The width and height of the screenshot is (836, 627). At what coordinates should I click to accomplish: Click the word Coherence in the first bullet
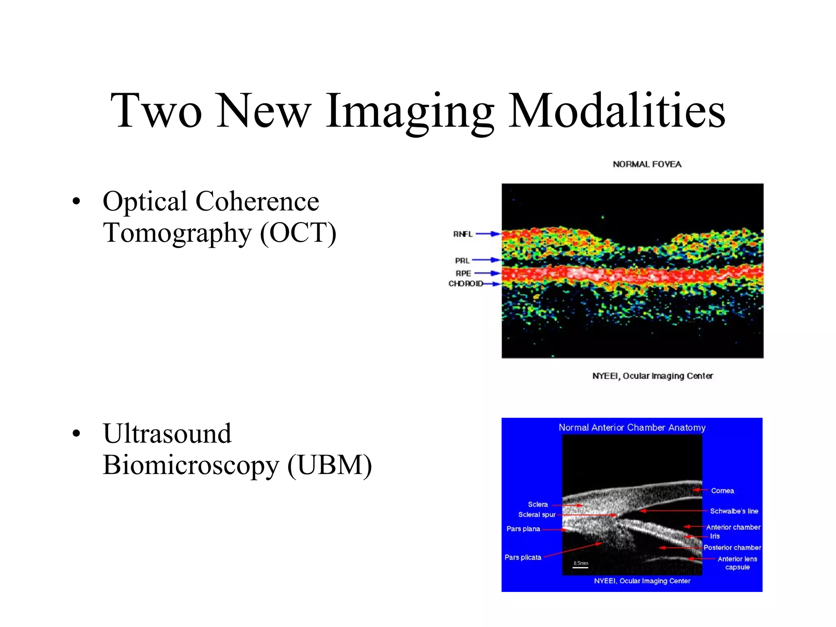click(257, 202)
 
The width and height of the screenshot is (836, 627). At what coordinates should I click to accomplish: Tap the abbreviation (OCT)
click(298, 233)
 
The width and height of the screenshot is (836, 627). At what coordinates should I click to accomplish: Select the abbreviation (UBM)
click(329, 465)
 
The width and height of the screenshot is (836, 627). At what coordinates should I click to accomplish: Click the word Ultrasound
click(167, 434)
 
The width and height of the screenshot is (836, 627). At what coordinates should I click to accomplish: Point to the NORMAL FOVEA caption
click(647, 165)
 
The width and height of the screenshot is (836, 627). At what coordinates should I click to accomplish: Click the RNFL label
click(462, 234)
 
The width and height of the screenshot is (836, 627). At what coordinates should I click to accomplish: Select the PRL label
click(462, 260)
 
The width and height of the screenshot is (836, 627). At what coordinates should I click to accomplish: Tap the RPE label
click(463, 273)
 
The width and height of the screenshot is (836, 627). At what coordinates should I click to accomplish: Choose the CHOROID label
click(465, 283)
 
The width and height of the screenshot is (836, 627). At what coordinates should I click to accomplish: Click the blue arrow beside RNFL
click(488, 234)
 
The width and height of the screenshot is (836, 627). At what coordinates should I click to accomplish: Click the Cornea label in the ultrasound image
click(722, 491)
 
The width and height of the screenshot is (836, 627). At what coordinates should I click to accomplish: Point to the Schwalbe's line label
click(734, 511)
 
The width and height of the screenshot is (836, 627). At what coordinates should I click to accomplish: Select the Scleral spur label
click(536, 515)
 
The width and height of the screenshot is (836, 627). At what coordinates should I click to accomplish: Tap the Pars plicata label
click(522, 557)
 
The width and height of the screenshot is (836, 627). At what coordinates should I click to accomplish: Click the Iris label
click(715, 536)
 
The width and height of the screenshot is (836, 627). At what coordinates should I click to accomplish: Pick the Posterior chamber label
click(732, 547)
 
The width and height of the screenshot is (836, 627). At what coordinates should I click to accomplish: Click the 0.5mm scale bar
click(580, 567)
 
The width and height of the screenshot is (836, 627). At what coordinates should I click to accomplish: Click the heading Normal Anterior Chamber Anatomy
click(631, 427)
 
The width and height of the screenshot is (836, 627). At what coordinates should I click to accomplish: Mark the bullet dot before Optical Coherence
click(76, 201)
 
